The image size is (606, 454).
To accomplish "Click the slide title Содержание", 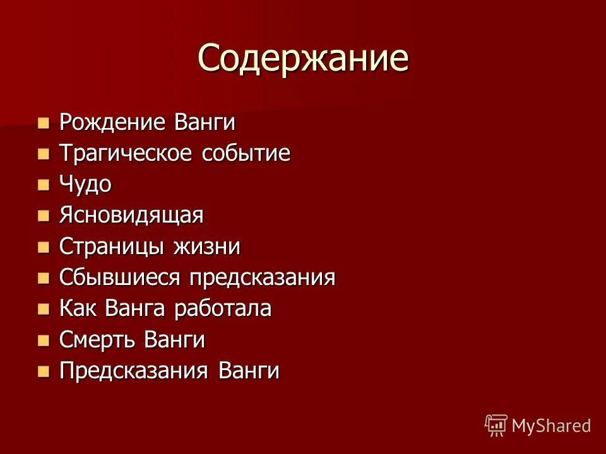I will click(303, 58).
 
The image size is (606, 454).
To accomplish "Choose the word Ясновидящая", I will click(131, 215).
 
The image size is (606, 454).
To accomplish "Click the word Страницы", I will click(107, 246).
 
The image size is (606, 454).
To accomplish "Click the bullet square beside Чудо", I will click(43, 184).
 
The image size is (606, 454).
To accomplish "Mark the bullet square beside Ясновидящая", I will click(43, 215).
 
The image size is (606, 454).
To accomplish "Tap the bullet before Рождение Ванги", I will click(43, 122).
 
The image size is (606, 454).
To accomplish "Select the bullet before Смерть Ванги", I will click(43, 339).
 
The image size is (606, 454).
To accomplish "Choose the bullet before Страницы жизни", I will click(43, 246).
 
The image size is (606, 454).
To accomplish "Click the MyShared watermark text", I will click(551, 426).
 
